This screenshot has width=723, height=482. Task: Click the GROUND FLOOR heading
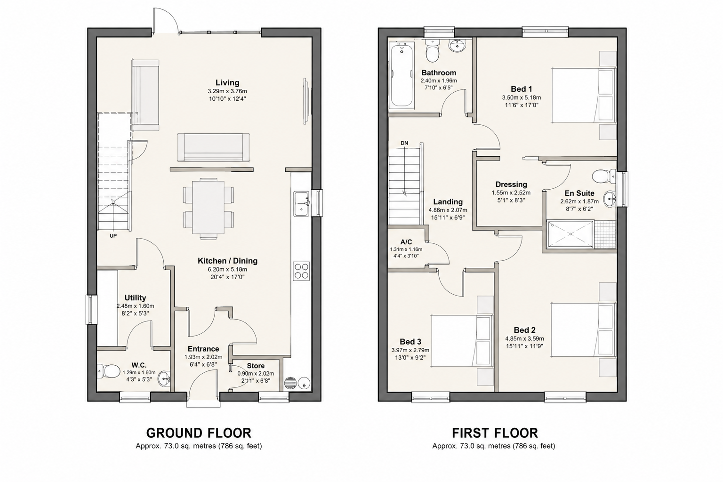[199, 433]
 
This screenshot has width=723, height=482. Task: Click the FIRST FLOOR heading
[495, 433]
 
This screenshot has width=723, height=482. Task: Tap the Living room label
[227, 83]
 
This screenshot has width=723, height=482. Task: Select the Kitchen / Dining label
[227, 261]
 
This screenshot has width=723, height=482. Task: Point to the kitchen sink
[301, 203]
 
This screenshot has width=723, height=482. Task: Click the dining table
[208, 208]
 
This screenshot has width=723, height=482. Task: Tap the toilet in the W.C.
[108, 371]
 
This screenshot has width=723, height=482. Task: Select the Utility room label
[135, 297]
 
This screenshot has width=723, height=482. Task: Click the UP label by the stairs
[113, 236]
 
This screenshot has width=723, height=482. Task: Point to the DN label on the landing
[404, 143]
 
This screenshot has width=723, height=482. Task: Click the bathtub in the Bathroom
[402, 74]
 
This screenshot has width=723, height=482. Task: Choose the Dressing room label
[511, 185]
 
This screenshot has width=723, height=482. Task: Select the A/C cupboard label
[406, 242]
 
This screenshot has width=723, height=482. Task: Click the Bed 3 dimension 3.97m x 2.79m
[410, 350]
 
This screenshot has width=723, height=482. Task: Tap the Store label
[256, 366]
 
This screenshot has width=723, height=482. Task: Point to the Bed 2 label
[524, 330]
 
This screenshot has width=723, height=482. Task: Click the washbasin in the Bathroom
[456, 46]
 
